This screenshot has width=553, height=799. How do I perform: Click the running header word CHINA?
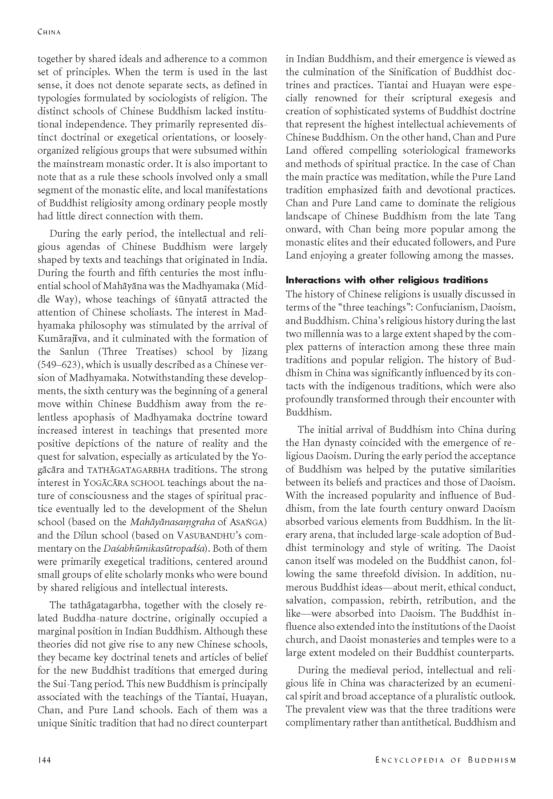[x=49, y=32]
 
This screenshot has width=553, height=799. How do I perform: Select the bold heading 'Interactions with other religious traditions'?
[x=387, y=280]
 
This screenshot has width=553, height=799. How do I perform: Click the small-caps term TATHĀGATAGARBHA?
[x=129, y=470]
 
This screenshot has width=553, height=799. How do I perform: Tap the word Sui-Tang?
[x=60, y=684]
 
